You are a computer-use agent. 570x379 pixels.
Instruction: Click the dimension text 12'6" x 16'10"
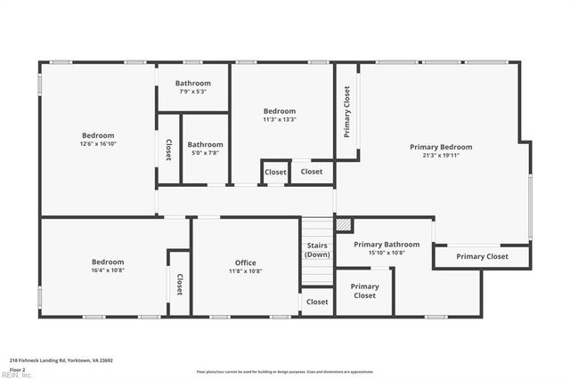pos(98,144)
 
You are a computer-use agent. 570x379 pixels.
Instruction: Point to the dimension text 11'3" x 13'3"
pos(279,119)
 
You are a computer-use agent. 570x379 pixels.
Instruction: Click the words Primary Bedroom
pos(441,147)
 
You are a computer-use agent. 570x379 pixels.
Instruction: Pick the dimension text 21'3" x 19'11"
pos(441,156)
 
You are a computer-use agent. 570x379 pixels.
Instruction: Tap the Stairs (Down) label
pos(317,250)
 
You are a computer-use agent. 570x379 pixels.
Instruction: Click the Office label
pos(245,262)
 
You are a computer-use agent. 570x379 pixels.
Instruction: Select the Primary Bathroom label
pos(386,244)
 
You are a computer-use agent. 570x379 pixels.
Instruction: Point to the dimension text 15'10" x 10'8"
pos(386,253)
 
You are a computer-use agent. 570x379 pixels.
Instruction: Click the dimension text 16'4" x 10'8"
pos(102,270)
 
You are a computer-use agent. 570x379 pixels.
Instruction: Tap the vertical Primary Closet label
pos(346,111)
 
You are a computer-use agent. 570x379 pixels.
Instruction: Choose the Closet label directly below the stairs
pos(317,302)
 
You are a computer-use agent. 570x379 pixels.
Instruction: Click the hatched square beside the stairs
pos(341,223)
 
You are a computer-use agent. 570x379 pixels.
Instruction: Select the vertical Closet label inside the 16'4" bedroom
pos(179,284)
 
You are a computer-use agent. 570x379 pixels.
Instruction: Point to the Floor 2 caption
pos(17,368)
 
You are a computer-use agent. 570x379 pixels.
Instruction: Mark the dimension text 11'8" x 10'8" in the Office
pos(245,271)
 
